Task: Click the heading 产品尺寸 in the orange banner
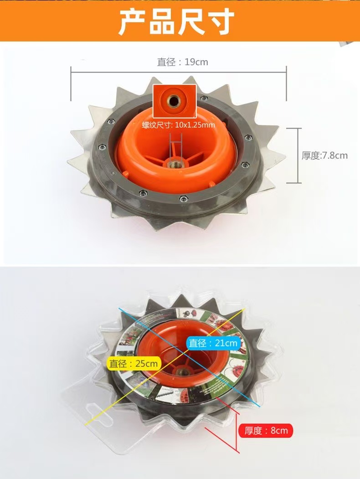pyautogui.click(x=176, y=21)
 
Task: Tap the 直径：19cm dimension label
pyautogui.click(x=182, y=62)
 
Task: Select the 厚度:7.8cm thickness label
pyautogui.click(x=324, y=155)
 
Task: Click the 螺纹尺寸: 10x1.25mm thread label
pyautogui.click(x=178, y=125)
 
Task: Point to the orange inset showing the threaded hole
pyautogui.click(x=175, y=101)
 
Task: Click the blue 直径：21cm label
pyautogui.click(x=213, y=343)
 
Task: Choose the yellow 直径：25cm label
pyautogui.click(x=134, y=364)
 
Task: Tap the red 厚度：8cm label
pyautogui.click(x=266, y=431)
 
